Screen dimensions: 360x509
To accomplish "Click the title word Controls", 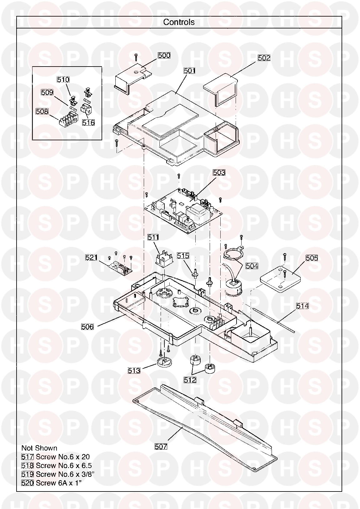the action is coord(179,22).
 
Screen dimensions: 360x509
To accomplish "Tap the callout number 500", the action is coord(164,55).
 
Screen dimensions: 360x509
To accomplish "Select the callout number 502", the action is coord(264,58).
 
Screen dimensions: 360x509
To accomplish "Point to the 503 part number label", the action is coord(219,173).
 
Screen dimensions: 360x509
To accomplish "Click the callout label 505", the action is coord(312,258).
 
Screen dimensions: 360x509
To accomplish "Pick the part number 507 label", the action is coord(161,447).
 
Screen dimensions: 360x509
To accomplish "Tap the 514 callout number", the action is coord(302,306).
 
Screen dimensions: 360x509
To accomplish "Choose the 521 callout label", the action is coord(91,257).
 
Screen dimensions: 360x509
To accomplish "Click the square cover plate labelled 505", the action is coord(280,279).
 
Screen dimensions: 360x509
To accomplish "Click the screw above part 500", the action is coord(136,57).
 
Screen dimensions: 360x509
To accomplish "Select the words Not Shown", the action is coord(39,448).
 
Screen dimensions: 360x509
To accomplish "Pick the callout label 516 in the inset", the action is coord(88,123).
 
